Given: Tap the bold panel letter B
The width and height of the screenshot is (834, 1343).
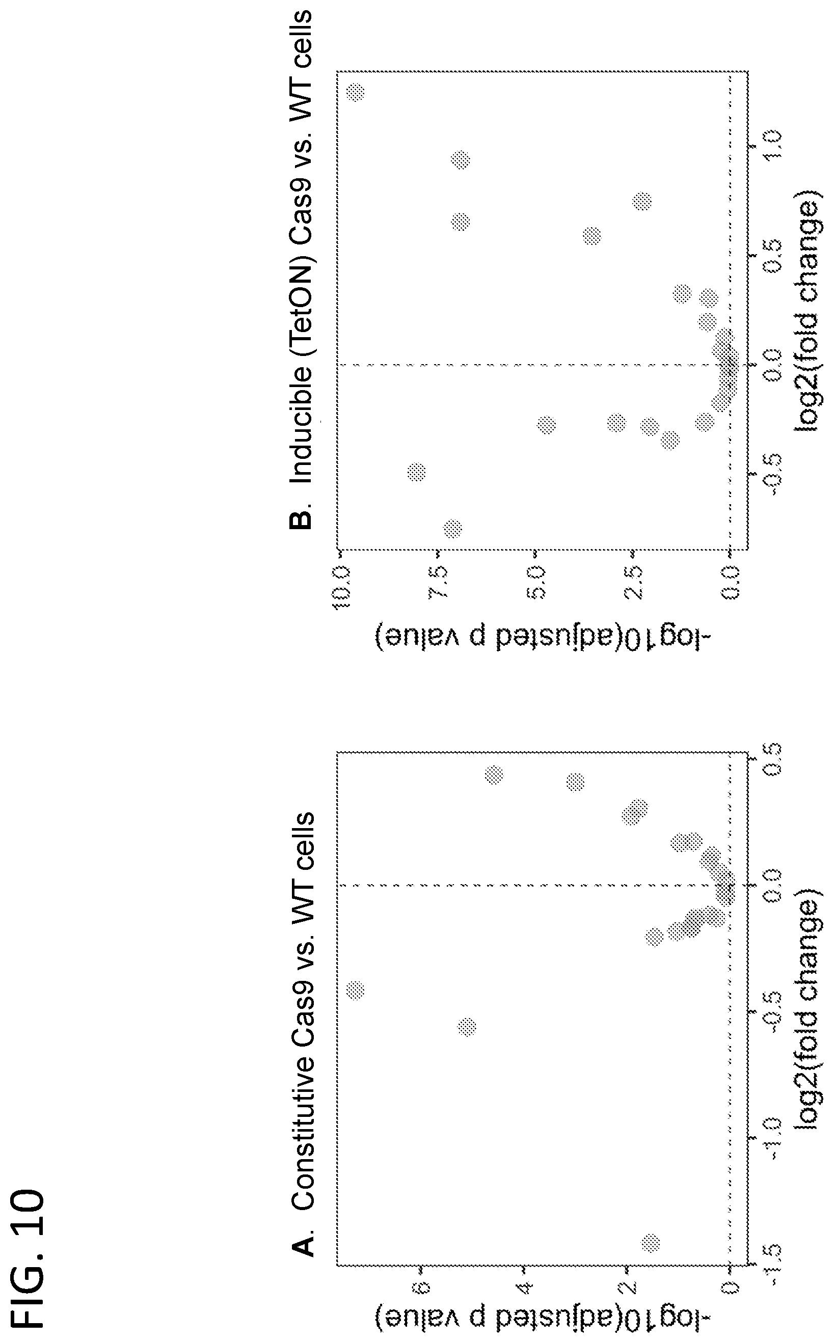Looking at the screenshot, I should [301, 519].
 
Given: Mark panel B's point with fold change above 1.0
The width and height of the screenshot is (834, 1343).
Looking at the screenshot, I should [355, 92].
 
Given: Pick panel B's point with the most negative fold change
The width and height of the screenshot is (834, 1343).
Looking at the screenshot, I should [452, 529].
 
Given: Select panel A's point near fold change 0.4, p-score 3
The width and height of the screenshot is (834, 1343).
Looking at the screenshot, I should [575, 782].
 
